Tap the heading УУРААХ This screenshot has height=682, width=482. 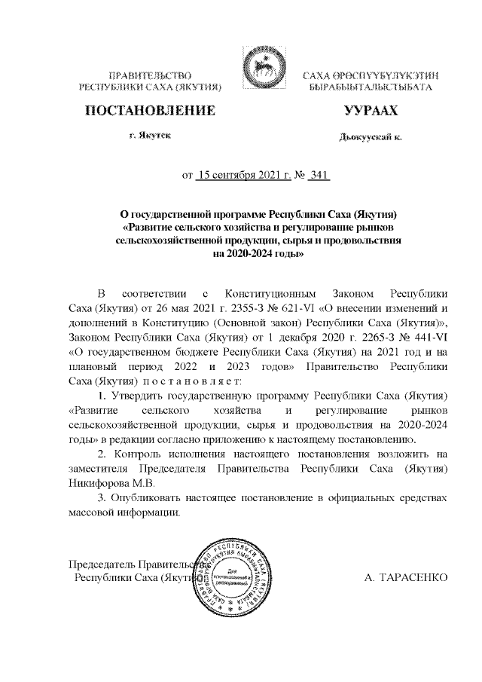[370, 112]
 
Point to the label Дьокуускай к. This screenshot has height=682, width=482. [371, 138]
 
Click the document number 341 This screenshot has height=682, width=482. [320, 176]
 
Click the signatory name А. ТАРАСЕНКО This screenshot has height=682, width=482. [406, 578]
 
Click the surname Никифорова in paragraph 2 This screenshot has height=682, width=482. [99, 482]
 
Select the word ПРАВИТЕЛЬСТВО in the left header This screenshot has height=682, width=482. [150, 77]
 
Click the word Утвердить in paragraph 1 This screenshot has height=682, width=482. [141, 396]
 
